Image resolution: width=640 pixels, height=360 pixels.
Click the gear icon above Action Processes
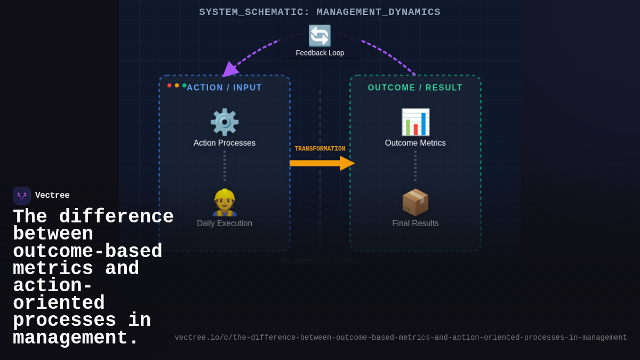click(x=225, y=122)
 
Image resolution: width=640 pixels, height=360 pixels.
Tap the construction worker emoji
click(x=225, y=203)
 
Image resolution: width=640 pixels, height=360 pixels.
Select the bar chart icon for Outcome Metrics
click(x=415, y=122)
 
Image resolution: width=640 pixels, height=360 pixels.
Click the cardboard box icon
click(x=415, y=203)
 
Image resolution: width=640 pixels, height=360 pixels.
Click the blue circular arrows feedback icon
click(x=319, y=36)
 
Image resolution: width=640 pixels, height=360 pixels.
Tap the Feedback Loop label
click(x=320, y=53)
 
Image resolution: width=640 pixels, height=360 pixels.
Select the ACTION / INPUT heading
click(x=225, y=87)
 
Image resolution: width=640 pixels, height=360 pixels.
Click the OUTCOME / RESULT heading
click(x=415, y=87)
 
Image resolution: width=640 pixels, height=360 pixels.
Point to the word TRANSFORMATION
click(x=320, y=149)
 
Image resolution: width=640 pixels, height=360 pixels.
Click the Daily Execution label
click(x=225, y=223)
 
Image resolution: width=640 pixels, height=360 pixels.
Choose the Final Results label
click(x=415, y=223)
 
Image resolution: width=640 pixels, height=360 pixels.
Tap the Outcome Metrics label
click(x=415, y=143)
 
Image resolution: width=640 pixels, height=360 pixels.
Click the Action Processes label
click(x=225, y=143)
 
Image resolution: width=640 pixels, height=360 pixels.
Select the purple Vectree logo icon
click(x=22, y=196)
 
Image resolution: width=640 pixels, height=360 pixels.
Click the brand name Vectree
click(x=52, y=196)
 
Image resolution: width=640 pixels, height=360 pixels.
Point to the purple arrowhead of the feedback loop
click(x=229, y=69)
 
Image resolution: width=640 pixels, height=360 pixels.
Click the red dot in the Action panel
click(x=170, y=85)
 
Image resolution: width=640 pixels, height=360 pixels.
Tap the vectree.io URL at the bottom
click(x=401, y=338)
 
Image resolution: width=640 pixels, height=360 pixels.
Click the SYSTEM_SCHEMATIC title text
click(x=320, y=12)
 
